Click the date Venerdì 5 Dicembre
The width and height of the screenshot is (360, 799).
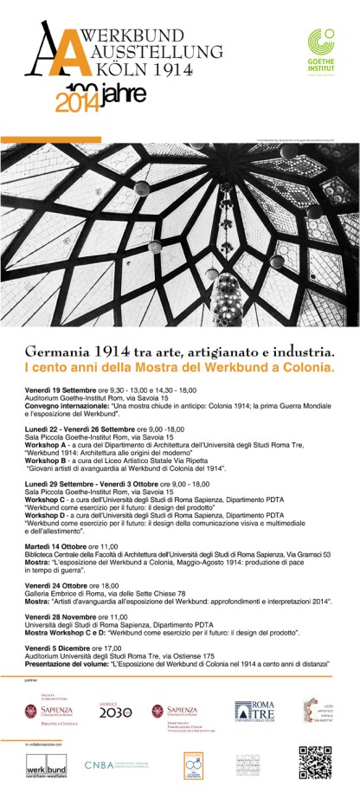pos(55,648)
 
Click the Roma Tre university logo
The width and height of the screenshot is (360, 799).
pos(251,712)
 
